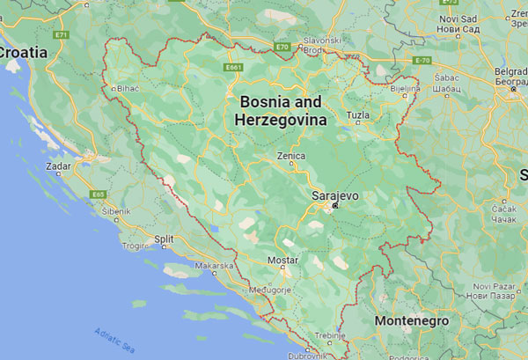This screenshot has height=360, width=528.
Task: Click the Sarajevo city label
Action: pos(335,195)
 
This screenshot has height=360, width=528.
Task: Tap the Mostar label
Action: pos(283,261)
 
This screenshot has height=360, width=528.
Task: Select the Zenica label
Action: pos(290,156)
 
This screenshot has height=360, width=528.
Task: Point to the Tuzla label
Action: pos(358,115)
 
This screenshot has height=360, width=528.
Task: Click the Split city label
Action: pos(164,239)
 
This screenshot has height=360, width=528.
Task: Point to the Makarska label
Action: pos(214,265)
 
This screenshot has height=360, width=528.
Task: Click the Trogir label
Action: pos(136,246)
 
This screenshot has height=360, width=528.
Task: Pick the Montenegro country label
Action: pos(412,321)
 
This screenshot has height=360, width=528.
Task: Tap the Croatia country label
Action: pos(23,53)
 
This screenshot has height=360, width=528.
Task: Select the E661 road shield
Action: pos(233,67)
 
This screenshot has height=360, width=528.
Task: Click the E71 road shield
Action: pos(61,34)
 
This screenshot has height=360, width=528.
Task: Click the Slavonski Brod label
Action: pos(322,45)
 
